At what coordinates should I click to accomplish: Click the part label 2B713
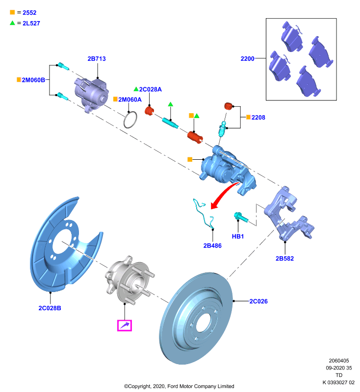(x=97, y=59)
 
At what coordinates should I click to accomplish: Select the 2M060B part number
(x=33, y=80)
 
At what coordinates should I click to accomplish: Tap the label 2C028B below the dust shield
(x=50, y=308)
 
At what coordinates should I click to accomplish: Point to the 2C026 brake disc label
(x=258, y=301)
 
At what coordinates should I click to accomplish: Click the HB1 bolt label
(x=238, y=236)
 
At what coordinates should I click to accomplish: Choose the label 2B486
(x=212, y=245)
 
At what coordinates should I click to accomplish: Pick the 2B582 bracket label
(x=284, y=259)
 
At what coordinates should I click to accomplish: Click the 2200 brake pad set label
(x=247, y=58)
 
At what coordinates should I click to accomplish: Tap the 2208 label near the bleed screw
(x=258, y=117)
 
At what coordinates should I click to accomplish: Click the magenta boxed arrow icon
(x=125, y=325)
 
